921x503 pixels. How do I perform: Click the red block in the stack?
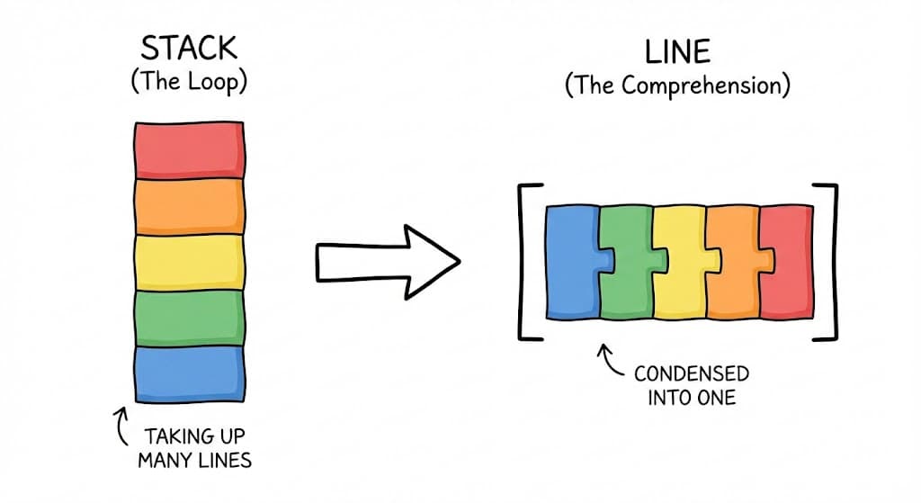[x=189, y=149]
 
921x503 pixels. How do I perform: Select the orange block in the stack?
[x=189, y=206]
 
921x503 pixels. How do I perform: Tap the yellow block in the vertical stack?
[x=189, y=262]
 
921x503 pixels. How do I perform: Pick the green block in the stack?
[x=189, y=317]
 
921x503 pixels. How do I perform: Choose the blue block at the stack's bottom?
[x=189, y=373]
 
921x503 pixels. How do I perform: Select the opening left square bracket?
[x=526, y=262]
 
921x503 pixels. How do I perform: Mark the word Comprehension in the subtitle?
[x=711, y=87]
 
